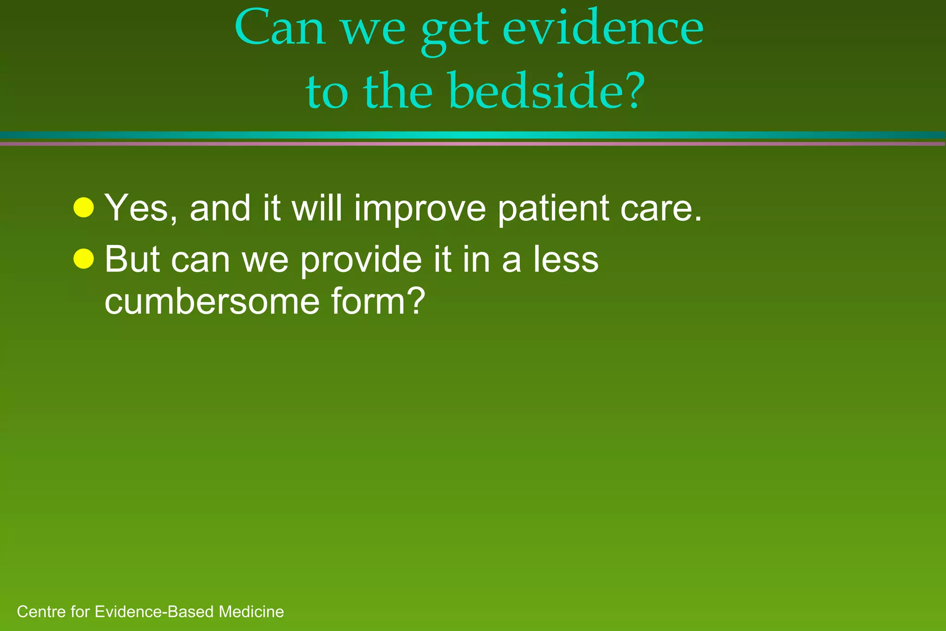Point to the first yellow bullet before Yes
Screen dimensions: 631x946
[84, 207]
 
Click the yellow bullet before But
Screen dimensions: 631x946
[84, 259]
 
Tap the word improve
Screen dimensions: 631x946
[420, 209]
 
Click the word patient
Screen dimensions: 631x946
[553, 209]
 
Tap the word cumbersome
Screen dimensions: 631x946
[212, 302]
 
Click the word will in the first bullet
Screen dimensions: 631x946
[316, 208]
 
